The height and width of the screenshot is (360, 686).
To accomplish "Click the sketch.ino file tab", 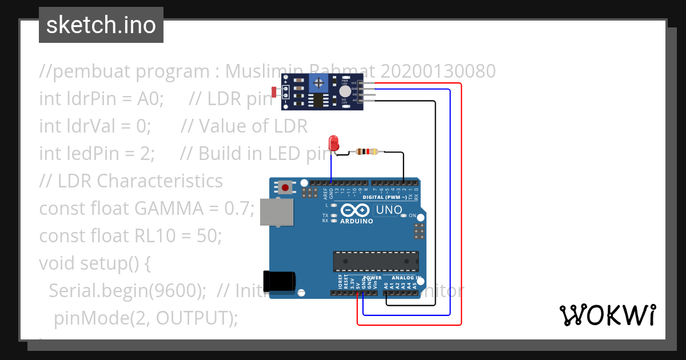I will point(101,25).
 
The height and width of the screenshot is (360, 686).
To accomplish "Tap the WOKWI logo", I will point(607,315).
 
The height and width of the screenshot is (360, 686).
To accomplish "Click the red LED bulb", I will point(334,142).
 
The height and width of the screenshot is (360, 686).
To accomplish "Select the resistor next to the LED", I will point(366,152).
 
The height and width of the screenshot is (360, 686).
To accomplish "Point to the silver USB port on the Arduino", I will point(277,212).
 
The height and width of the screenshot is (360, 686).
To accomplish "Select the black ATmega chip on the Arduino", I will point(376,261).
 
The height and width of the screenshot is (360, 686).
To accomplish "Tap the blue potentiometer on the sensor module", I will point(318,84).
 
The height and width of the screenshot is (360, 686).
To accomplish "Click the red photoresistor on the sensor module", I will point(274,91).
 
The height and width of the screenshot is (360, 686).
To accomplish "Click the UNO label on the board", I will point(389,210).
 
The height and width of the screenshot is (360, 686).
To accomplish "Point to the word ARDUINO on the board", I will point(356,221).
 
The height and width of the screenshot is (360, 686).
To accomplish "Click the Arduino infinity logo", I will point(356,210).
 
